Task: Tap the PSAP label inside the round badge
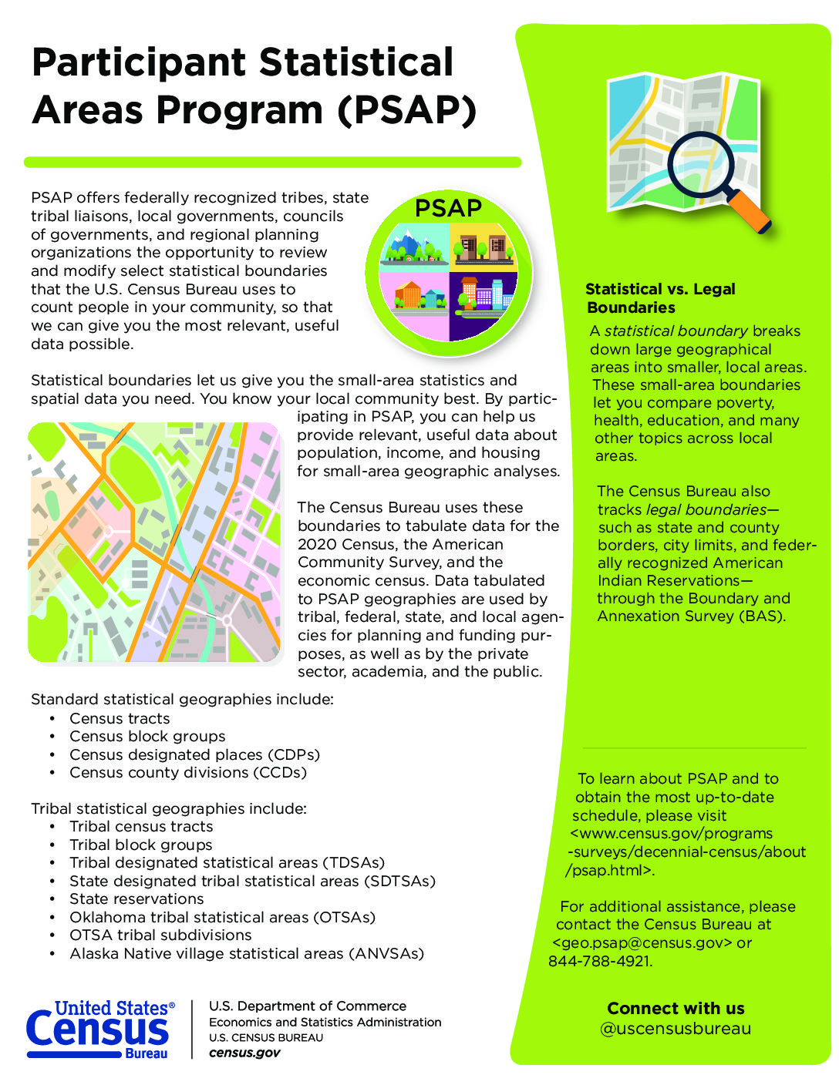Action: point(448,208)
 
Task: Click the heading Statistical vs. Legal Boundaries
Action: point(660,298)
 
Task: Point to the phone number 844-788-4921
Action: point(600,961)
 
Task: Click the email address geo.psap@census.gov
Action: point(642,942)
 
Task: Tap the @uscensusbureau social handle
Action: point(676,1029)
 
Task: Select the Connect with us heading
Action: point(676,1008)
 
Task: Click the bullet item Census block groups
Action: point(147,736)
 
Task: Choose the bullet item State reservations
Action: point(136,899)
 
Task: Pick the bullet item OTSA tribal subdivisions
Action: point(160,935)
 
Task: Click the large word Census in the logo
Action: point(97,1031)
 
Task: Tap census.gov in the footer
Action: point(244,1053)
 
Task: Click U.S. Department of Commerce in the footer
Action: point(308,1006)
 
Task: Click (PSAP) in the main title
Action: point(406,109)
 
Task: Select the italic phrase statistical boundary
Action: point(676,331)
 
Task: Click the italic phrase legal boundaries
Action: point(706,509)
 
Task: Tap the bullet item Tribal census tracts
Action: point(141,826)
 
